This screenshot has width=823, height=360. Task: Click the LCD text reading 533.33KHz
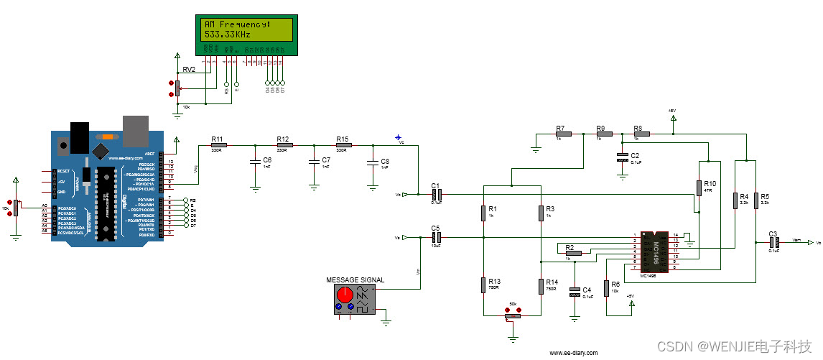tap(227, 33)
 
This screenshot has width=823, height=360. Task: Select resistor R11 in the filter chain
tap(218, 145)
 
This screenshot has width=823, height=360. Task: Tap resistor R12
tap(284, 145)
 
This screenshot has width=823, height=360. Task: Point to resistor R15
tap(343, 145)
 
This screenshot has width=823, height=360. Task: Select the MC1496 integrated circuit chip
tap(655, 251)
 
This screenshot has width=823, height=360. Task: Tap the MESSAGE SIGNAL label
tap(355, 280)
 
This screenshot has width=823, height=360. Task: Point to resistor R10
tap(699, 188)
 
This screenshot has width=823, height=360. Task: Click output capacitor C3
tap(773, 243)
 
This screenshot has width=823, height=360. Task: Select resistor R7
tap(563, 134)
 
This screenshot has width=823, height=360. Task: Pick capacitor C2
tap(623, 157)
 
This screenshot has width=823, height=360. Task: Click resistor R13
tap(483, 285)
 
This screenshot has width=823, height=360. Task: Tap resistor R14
tap(541, 285)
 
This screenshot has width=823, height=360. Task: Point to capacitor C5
tap(436, 237)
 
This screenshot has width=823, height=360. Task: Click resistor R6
tap(607, 287)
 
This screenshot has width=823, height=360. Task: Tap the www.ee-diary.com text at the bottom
tap(573, 353)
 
